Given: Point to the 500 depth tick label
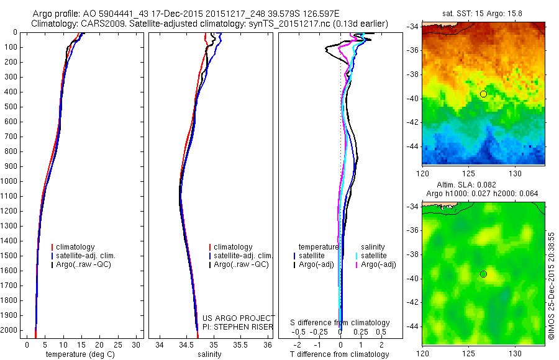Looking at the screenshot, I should [11, 107].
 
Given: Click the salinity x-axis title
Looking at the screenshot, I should [209, 354].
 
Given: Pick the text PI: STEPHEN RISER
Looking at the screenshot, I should [238, 327].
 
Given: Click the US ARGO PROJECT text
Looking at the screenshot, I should [238, 318].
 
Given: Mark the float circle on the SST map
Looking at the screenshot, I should [483, 94].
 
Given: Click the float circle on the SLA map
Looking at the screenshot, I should [483, 274].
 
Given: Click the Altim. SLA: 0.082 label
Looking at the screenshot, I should [483, 186].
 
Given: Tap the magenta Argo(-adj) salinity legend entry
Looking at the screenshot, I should [379, 265].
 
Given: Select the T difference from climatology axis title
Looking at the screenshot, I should [340, 354].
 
